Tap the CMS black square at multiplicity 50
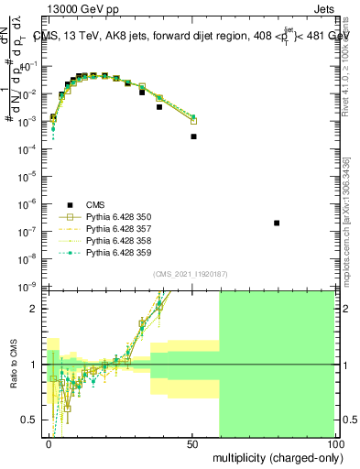coord(193,136)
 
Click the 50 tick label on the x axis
coord(193,443)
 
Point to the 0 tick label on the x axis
coord(50,443)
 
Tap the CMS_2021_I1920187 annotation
coord(191,274)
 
